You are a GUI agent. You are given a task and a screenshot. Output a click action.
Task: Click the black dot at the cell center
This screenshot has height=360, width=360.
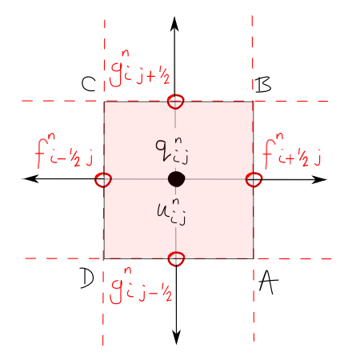point(176,179)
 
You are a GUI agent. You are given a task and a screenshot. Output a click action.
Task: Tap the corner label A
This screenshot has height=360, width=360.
point(268,283)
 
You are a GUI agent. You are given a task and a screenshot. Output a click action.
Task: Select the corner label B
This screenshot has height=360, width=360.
point(263,85)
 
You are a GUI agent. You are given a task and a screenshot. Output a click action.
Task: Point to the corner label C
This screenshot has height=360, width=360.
point(88,84)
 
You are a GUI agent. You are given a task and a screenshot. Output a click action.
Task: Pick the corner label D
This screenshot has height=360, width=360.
point(87,278)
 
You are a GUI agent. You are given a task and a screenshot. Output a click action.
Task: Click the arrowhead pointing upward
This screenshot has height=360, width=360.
point(174,24)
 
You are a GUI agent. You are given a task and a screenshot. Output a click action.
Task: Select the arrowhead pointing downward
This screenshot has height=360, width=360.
point(176,337)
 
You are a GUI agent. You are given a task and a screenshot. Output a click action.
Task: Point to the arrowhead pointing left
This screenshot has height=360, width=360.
point(30,178)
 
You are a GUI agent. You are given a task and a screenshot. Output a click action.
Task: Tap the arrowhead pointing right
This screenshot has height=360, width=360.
point(319,180)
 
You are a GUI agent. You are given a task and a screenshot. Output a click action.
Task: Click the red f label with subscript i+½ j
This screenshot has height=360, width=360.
point(292,150)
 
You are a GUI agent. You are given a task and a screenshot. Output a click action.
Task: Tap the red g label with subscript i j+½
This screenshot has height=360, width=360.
point(140,69)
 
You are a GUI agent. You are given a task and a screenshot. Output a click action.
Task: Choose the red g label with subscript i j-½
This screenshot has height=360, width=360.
point(141,286)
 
